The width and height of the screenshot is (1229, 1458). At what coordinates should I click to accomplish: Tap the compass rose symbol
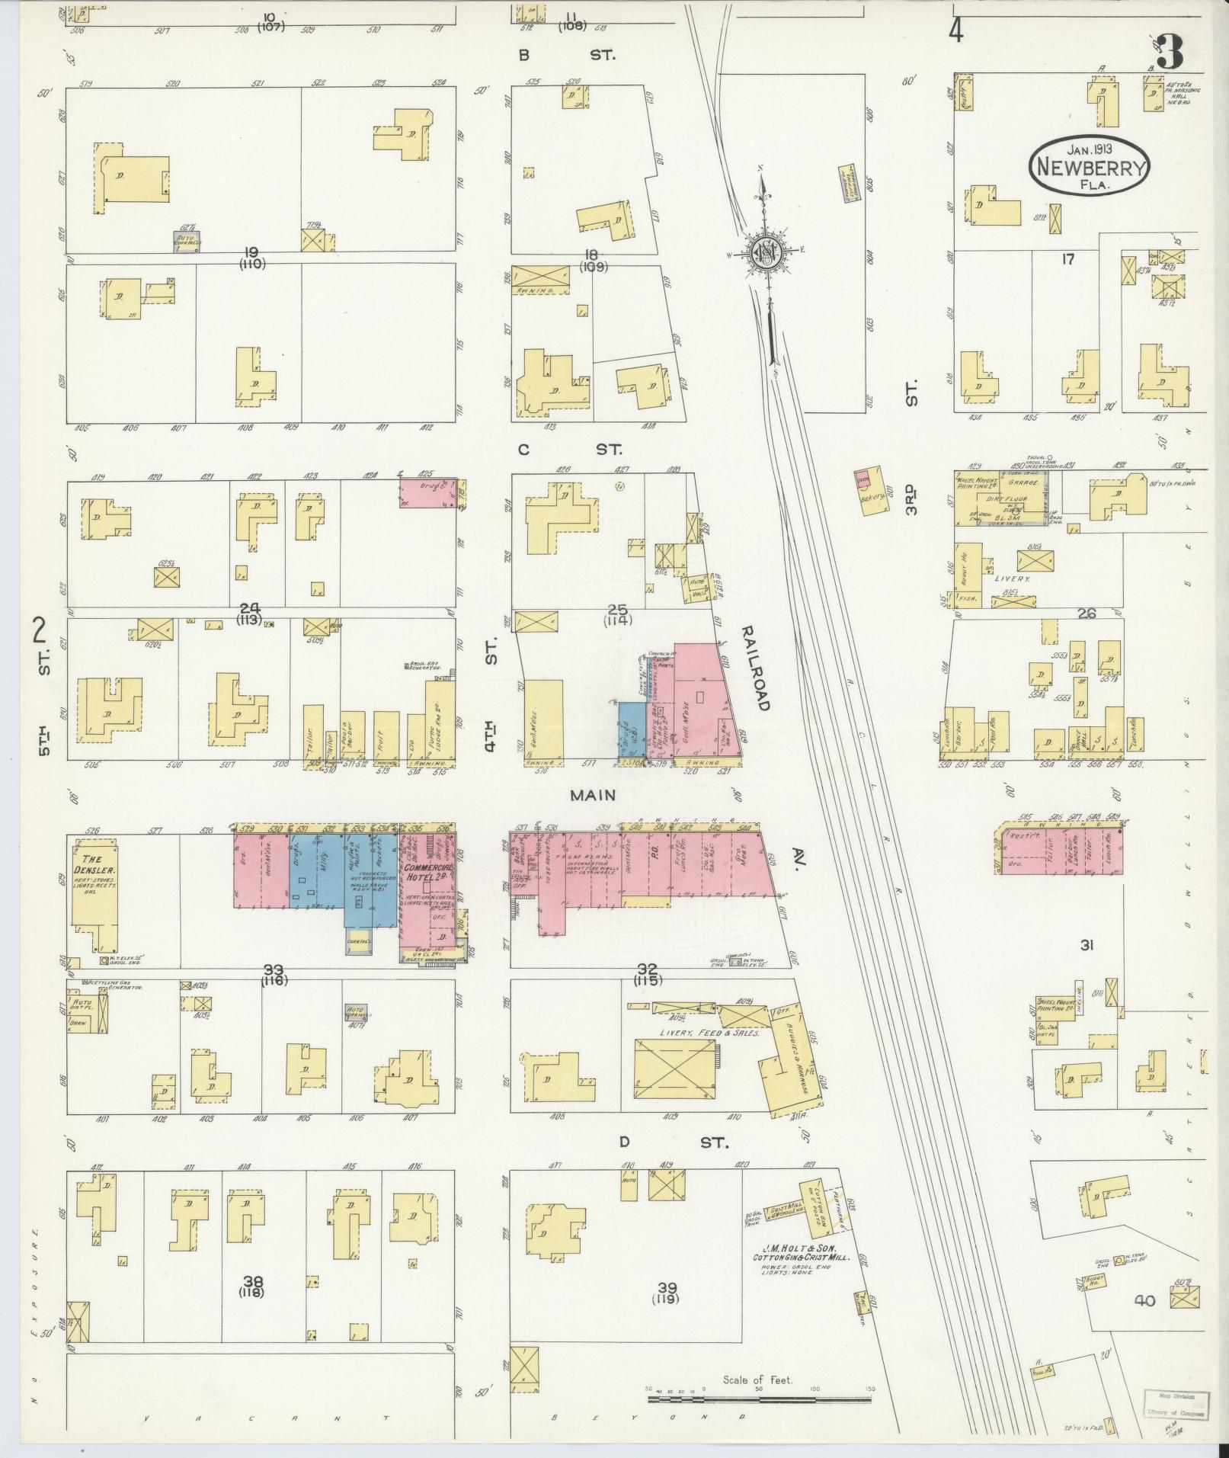[763, 254]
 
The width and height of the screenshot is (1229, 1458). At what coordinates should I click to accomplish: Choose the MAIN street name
[594, 795]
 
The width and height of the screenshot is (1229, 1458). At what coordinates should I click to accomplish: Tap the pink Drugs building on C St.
[428, 493]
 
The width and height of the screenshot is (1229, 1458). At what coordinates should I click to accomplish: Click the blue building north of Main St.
[631, 730]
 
